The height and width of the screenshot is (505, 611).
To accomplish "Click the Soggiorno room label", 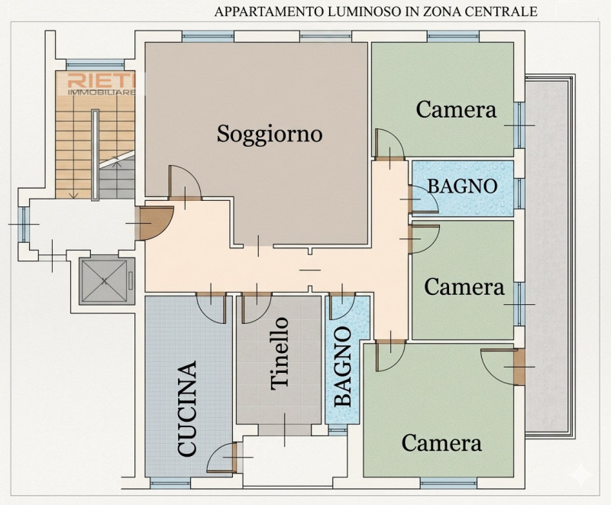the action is click(270, 134).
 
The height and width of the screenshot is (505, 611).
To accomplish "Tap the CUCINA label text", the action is click(186, 409).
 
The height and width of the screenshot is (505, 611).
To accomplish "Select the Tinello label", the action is click(280, 354).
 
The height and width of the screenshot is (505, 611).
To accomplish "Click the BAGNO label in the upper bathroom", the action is click(463, 186).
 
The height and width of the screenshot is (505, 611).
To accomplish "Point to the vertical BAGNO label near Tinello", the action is click(343, 367).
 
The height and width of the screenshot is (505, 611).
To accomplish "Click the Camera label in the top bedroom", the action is click(456, 109).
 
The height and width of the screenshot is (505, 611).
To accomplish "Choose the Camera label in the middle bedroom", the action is click(464, 286).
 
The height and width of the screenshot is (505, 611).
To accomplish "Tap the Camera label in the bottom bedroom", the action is click(441, 443).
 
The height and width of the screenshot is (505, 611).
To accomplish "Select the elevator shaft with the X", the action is click(104, 281).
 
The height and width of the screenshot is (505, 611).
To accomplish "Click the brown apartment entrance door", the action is click(154, 224).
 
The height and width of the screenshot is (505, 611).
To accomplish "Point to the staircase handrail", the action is click(95, 155).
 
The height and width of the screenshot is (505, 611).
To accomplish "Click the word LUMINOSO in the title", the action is click(365, 11).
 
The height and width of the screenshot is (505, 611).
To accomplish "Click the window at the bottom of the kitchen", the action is click(170, 483).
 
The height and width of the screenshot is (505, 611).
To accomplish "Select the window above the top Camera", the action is click(453, 36).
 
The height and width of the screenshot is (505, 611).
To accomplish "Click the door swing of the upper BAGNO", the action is click(424, 199).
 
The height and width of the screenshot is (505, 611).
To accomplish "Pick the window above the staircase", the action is click(95, 65).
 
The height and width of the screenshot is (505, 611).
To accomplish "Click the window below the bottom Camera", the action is click(448, 483).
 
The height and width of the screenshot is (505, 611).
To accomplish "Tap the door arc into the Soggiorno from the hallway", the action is click(185, 182).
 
